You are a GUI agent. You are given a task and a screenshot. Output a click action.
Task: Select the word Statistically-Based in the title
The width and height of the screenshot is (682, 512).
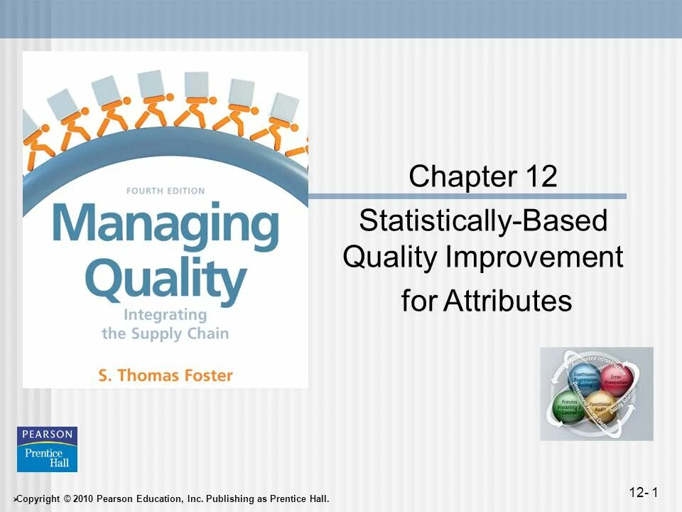point(483,221)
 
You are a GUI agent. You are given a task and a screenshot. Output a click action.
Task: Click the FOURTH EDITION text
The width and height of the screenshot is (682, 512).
point(165,191)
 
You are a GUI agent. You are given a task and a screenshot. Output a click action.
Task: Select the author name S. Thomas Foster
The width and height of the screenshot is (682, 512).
point(165,374)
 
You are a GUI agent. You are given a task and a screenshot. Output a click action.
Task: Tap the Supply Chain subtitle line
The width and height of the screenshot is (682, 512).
point(165,332)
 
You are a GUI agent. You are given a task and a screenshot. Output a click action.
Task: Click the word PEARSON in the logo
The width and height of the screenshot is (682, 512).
point(47,434)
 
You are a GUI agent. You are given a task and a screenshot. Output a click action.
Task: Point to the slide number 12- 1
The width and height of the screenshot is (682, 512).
point(644,492)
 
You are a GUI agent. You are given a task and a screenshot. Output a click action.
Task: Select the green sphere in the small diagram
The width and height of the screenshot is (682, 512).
point(570,406)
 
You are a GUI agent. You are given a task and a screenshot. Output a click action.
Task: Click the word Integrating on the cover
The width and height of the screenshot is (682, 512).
point(165,314)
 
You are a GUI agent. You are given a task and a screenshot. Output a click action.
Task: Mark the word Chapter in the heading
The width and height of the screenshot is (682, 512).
point(455,176)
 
